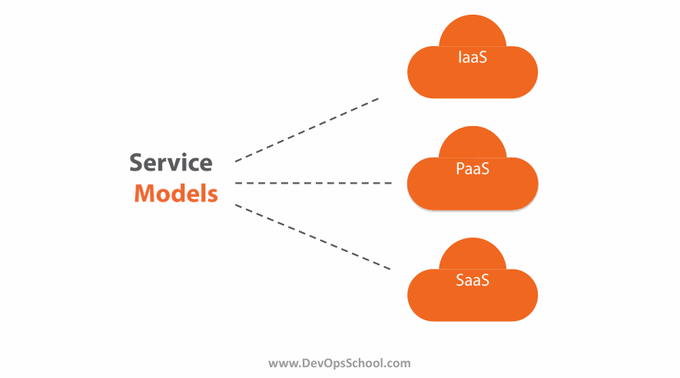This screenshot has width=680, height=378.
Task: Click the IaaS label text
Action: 473,57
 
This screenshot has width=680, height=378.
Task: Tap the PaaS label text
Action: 473,168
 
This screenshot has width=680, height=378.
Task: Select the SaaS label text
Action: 473,280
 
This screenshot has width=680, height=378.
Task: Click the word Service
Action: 171,163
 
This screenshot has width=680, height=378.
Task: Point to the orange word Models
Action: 176,193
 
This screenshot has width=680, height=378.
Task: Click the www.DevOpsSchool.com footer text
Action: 340,363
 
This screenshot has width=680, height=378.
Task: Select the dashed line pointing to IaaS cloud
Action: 307,130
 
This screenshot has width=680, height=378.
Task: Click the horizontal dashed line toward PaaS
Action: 313,183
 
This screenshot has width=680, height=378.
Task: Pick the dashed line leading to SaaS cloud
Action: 313,237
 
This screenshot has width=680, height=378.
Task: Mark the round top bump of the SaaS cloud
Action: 473,254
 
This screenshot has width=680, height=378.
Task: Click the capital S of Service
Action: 136,163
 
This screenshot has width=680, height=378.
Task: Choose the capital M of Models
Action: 145,193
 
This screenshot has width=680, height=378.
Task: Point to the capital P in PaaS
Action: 460,168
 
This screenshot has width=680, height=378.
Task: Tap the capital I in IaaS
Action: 459,57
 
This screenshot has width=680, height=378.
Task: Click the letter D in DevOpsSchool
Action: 306,363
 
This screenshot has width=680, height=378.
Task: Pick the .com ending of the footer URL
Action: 397,363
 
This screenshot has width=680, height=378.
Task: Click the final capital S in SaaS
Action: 485,280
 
